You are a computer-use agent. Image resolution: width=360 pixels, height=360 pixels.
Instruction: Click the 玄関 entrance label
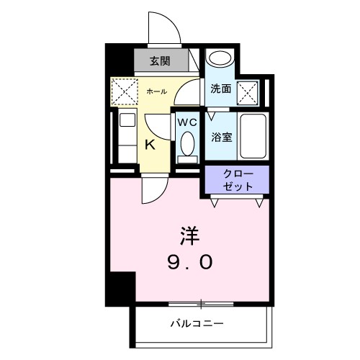(x=159, y=60)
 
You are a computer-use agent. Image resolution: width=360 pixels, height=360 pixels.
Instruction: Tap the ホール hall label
(x=156, y=92)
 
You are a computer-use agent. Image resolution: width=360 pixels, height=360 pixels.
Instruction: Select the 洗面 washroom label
(x=220, y=89)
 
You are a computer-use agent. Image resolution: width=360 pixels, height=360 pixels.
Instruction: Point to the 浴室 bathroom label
(x=221, y=137)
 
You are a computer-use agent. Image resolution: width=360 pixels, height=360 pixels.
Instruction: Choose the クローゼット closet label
(x=237, y=180)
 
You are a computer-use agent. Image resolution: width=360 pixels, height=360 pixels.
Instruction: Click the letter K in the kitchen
(x=150, y=144)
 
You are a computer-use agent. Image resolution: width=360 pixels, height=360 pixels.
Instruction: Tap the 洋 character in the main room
(x=189, y=235)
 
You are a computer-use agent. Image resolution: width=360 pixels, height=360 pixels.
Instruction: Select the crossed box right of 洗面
(x=248, y=91)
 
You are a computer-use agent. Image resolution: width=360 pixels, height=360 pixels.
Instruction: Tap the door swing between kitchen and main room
(x=153, y=189)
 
